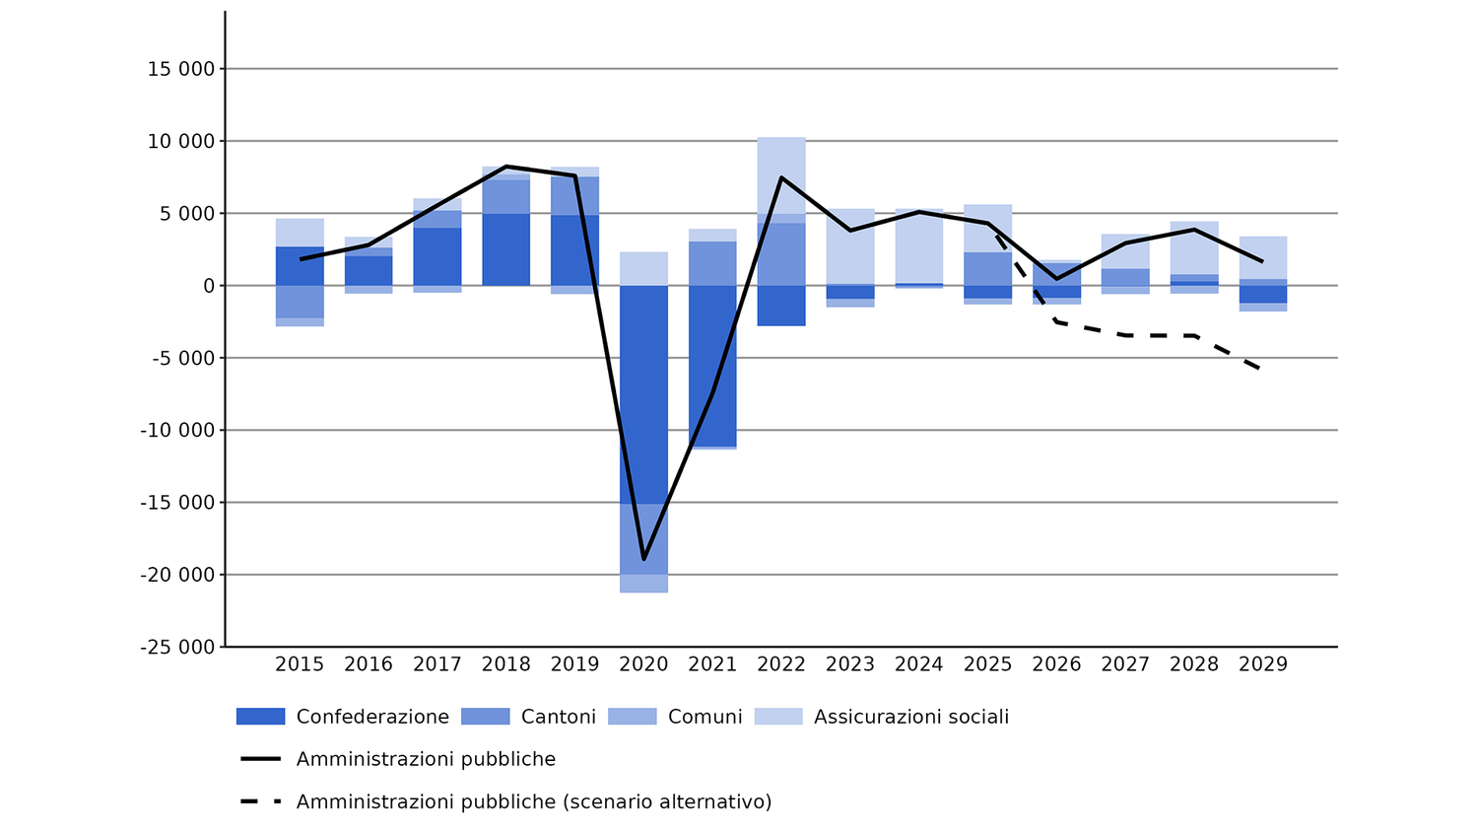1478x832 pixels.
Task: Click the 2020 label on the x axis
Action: (x=643, y=664)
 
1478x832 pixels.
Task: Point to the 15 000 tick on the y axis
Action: (x=181, y=69)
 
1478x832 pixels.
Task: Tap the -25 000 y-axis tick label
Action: (x=177, y=647)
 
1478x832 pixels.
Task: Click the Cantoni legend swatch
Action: (x=486, y=717)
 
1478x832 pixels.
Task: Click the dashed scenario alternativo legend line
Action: (x=261, y=801)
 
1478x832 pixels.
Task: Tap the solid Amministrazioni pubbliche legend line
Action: (x=261, y=759)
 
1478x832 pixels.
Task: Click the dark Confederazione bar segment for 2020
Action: (x=643, y=394)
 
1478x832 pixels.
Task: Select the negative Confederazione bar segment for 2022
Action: (x=781, y=306)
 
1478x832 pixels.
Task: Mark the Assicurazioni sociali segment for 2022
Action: (x=781, y=175)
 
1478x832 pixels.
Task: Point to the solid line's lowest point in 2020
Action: (x=643, y=559)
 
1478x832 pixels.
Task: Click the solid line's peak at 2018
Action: (x=506, y=167)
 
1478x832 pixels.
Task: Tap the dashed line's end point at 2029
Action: (x=1262, y=370)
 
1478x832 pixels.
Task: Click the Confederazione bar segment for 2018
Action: (x=506, y=249)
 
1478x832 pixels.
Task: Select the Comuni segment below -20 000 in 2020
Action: (x=643, y=584)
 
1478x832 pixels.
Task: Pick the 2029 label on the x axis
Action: (x=1262, y=664)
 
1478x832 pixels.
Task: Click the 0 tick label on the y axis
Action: (x=208, y=286)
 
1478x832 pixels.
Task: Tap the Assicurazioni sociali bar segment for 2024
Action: (x=919, y=246)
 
